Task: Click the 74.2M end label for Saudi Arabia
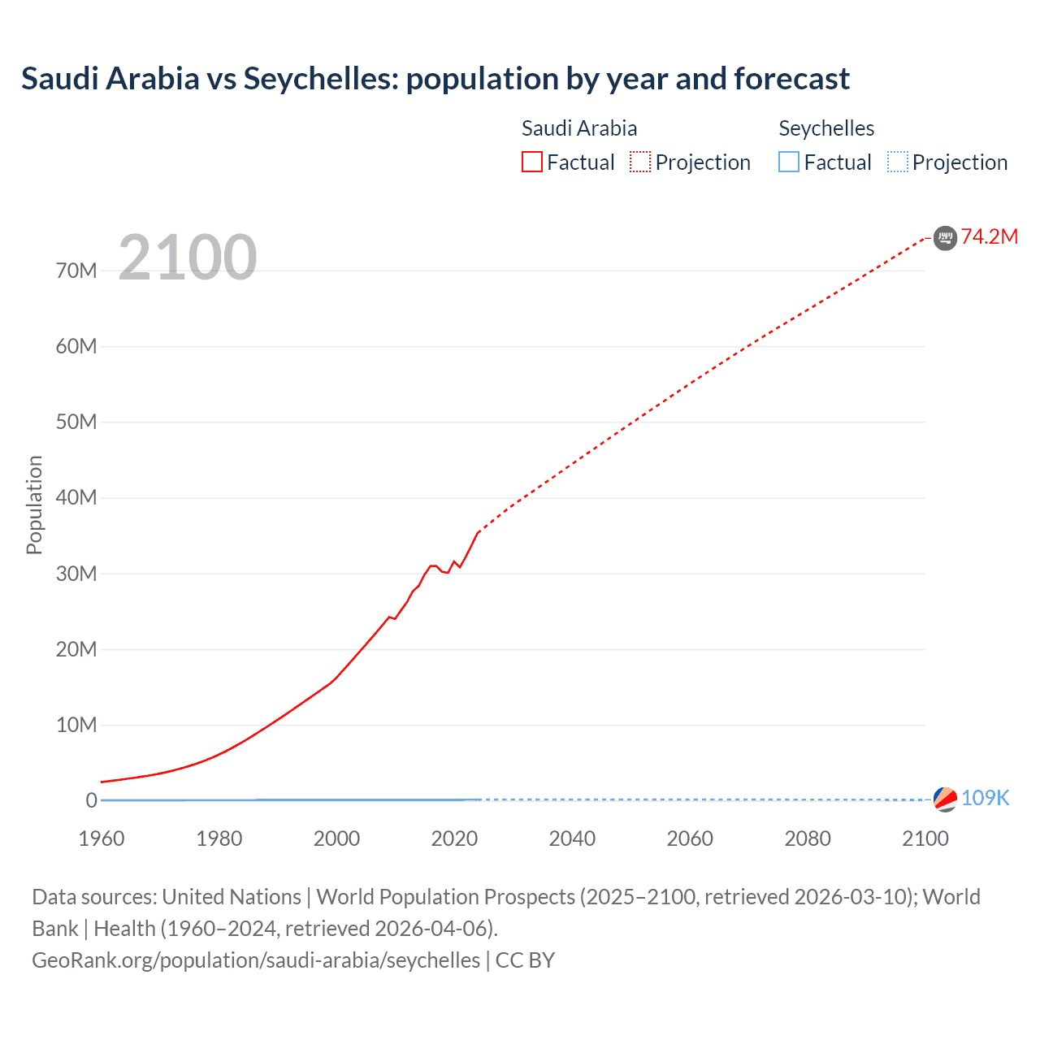coord(989,236)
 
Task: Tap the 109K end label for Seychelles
coord(985,798)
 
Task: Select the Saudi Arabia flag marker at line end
coord(945,237)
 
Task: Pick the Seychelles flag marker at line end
coord(945,799)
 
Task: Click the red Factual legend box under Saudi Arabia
coord(532,162)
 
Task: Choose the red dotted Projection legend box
coord(640,162)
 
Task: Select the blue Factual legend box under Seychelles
coord(789,162)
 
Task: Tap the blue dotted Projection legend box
coord(898,162)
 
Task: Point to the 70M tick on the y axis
coord(76,271)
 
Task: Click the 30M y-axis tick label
coord(76,574)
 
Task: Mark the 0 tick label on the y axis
coord(91,800)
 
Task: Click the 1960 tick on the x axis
coord(102,838)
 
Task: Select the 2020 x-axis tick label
coord(454,838)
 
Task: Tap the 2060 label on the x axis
coord(690,838)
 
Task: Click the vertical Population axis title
coord(34,505)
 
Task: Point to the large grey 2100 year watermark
coord(188,258)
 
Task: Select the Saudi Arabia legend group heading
coord(579,128)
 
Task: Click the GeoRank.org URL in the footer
coord(256,960)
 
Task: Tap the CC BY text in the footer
coord(525,960)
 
